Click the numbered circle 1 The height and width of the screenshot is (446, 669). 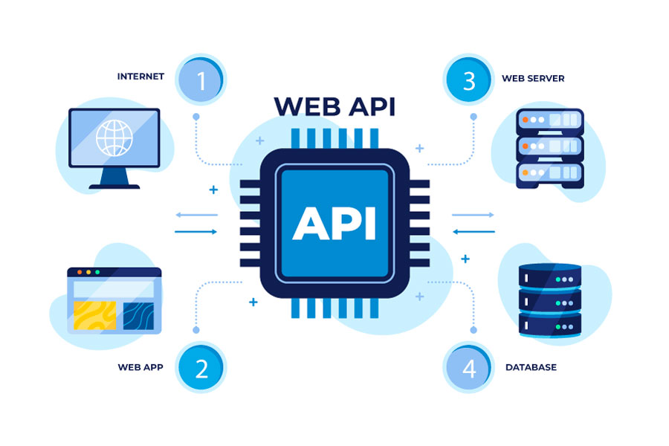[x=201, y=79]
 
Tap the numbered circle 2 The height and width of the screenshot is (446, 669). [x=201, y=367]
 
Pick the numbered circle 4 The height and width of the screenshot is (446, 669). [x=468, y=367]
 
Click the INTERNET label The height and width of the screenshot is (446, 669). [x=140, y=77]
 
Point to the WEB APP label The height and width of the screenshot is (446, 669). [x=140, y=367]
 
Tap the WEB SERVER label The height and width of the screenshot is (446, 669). [x=533, y=78]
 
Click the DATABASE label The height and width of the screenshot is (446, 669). [x=531, y=367]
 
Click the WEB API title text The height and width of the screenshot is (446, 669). [x=334, y=106]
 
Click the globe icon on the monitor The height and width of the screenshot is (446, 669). [x=114, y=138]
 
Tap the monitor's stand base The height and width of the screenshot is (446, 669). [x=114, y=184]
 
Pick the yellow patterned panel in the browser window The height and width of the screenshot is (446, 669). [x=94, y=315]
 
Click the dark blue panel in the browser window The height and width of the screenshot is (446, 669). [x=138, y=315]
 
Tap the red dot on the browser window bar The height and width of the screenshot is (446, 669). [x=79, y=272]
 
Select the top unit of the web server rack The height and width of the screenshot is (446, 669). [x=549, y=120]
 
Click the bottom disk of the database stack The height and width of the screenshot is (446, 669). [x=549, y=326]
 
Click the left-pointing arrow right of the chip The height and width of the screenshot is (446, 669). [x=473, y=231]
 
